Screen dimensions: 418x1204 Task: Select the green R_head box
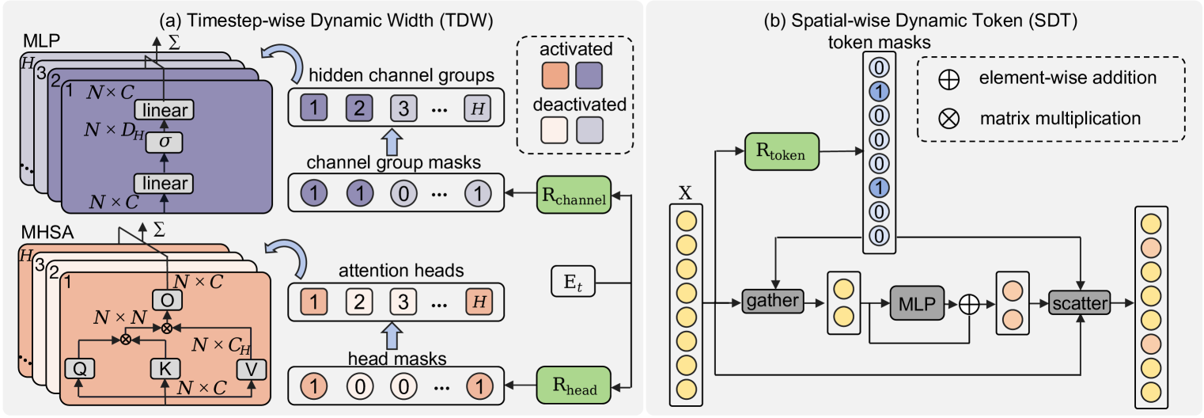[568, 387]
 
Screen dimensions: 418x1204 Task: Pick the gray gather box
[772, 302]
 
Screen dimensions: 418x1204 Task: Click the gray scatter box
[1078, 302]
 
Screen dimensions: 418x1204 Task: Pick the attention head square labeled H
[477, 301]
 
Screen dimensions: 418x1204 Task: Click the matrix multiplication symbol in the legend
[946, 118]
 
